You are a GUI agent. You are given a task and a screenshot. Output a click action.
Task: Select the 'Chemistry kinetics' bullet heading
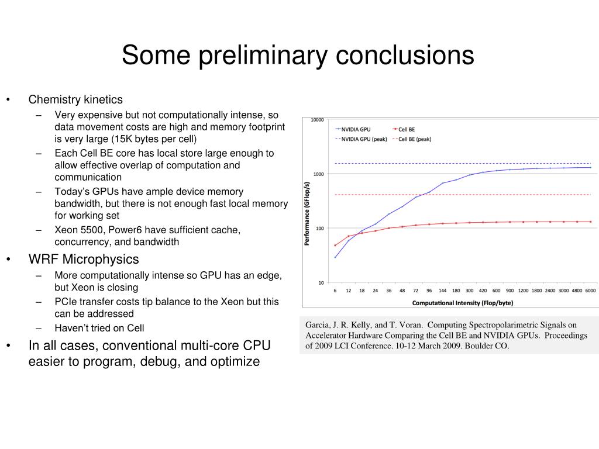tap(75, 99)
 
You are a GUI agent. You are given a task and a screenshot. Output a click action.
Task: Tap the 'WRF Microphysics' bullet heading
tap(84, 259)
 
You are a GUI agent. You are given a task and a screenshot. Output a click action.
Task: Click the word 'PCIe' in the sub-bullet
tap(66, 302)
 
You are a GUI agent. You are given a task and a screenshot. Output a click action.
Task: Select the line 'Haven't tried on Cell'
tap(99, 328)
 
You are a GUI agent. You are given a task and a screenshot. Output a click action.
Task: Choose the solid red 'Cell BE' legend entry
tap(407, 129)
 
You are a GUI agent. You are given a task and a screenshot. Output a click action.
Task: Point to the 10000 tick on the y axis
tap(317, 120)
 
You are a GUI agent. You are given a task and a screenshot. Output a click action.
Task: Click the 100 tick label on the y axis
tap(319, 229)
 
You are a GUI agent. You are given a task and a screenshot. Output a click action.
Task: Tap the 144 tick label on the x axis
tap(443, 291)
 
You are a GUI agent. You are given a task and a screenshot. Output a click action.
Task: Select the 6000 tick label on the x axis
tap(590, 291)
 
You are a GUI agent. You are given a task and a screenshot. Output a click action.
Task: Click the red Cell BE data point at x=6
tap(335, 245)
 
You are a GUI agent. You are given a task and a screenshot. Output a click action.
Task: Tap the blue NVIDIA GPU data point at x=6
tap(335, 257)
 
